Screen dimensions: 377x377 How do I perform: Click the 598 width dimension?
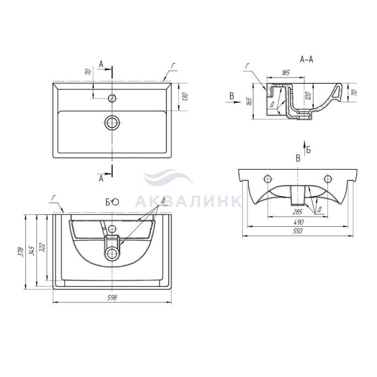pyautogui.click(x=112, y=298)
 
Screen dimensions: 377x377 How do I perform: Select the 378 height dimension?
pyautogui.click(x=21, y=252)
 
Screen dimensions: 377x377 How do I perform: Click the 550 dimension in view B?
pyautogui.click(x=298, y=231)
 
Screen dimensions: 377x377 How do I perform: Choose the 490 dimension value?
pyautogui.click(x=298, y=222)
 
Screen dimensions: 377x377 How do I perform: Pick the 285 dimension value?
pyautogui.click(x=297, y=212)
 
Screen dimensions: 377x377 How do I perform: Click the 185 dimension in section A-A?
pyautogui.click(x=285, y=73)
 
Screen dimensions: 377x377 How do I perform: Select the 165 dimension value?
pyautogui.click(x=249, y=101)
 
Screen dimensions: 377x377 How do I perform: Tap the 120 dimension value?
pyautogui.click(x=310, y=95)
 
